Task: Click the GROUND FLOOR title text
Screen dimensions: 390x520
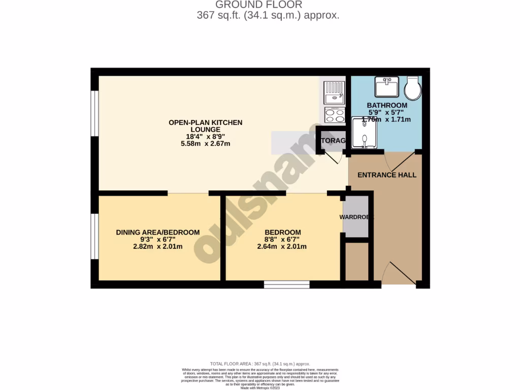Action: point(259,5)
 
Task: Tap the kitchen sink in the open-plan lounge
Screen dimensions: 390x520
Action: point(334,94)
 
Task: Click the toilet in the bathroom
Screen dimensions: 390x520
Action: point(412,89)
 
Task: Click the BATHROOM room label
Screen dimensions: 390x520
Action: point(387,105)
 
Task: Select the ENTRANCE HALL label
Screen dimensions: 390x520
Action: point(387,175)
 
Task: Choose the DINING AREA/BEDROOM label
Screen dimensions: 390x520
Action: point(158,232)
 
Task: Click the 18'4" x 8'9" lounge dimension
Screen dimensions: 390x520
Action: point(206,137)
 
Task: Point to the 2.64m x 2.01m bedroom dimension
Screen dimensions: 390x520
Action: point(282,247)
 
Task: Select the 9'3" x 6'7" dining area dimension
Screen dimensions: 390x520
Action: point(158,240)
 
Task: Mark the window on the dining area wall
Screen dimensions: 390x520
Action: point(95,237)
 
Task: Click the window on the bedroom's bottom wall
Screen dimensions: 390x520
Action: point(287,284)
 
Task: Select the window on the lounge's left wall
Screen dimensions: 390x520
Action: point(95,113)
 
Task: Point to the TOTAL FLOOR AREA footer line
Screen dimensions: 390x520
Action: point(260,364)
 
